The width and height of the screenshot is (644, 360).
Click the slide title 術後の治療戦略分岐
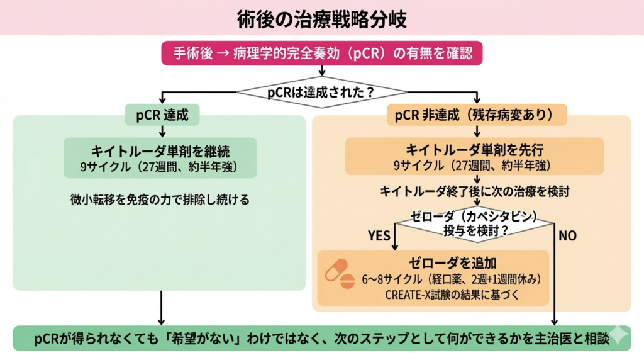click(321, 18)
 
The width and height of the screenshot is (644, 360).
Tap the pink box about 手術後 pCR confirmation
click(321, 53)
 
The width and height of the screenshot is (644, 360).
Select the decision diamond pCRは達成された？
click(321, 92)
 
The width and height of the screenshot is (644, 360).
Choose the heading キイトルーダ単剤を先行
click(474, 151)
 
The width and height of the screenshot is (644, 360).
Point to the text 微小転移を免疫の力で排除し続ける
click(160, 200)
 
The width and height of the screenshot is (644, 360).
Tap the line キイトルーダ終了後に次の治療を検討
click(475, 190)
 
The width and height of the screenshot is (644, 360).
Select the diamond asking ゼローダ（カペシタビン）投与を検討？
click(475, 223)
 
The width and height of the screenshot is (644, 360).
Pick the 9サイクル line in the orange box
click(474, 166)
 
